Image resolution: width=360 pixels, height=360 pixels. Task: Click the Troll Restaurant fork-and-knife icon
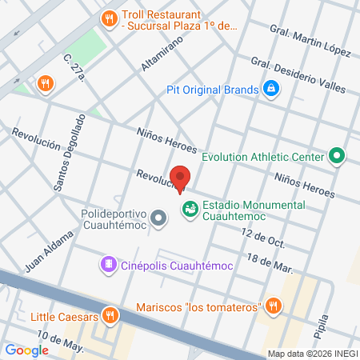(x=109, y=18)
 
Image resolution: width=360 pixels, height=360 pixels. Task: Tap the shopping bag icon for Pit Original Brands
(x=271, y=87)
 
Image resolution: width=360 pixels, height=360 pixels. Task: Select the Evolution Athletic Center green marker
(x=337, y=156)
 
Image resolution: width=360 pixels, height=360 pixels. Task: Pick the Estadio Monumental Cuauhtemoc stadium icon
(x=190, y=210)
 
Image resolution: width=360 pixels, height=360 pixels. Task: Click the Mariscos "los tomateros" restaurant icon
(x=274, y=306)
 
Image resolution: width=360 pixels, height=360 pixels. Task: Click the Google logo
(x=26, y=350)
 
